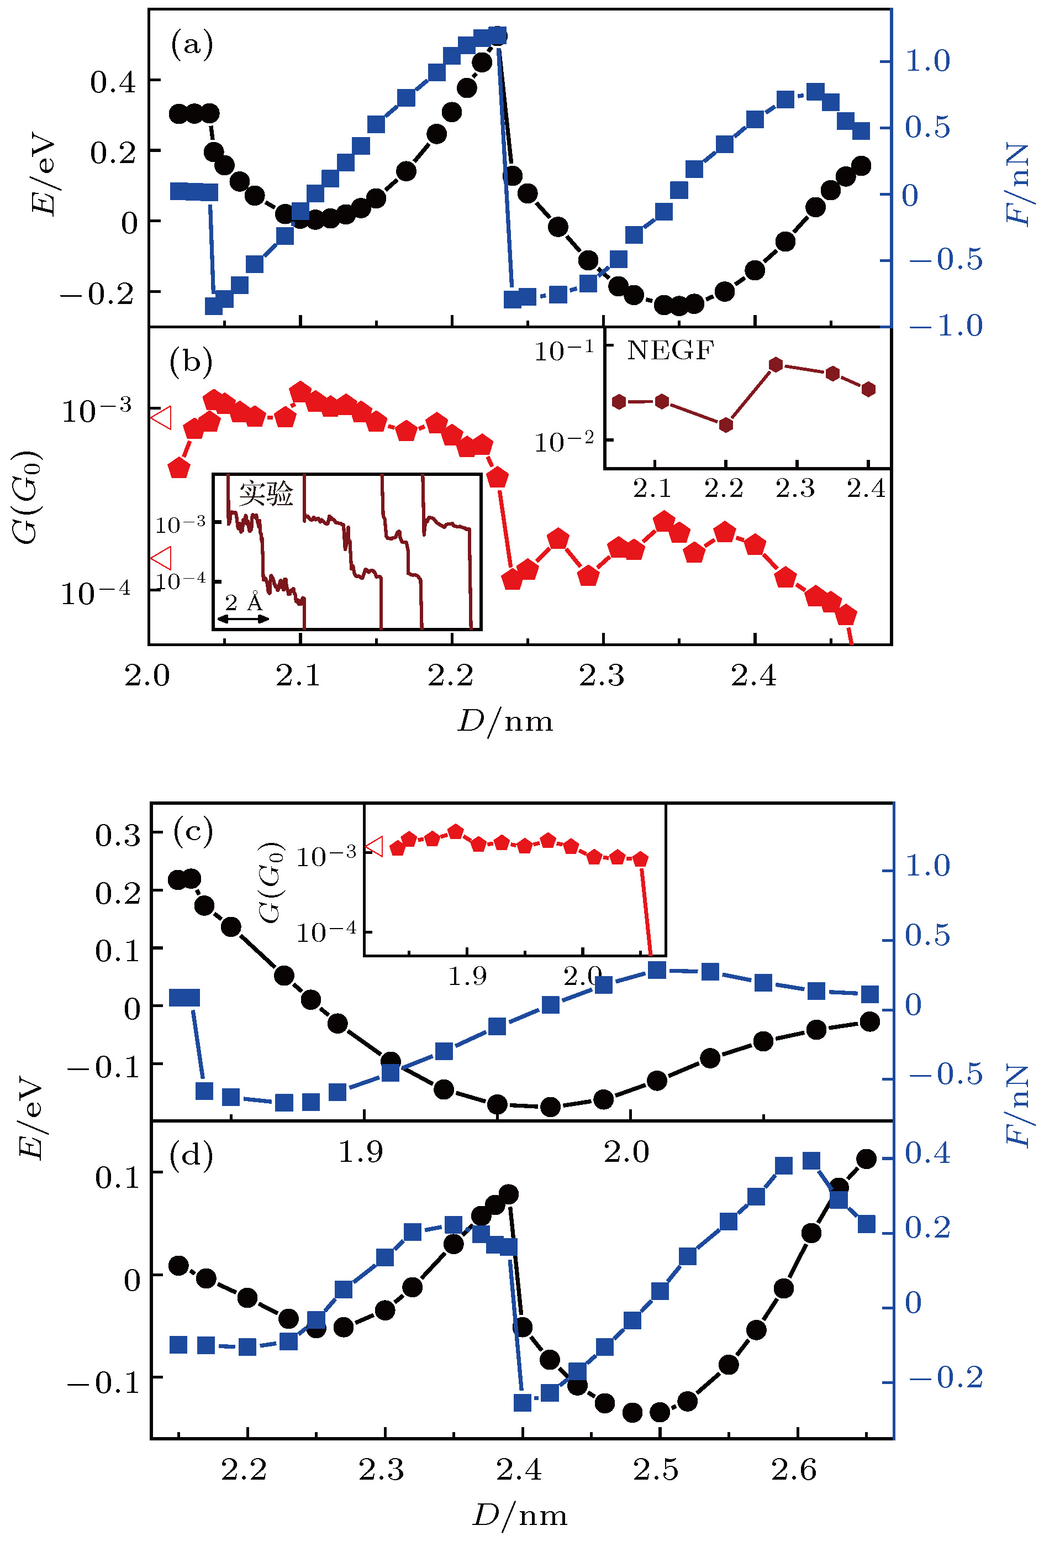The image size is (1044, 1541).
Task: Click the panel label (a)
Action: [x=192, y=45]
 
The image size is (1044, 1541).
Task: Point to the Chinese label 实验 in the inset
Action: [x=266, y=494]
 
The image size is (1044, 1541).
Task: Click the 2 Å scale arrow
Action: [x=243, y=618]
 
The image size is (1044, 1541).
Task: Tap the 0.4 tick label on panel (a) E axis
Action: [x=113, y=82]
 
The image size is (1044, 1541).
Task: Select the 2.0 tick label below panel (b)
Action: [x=147, y=675]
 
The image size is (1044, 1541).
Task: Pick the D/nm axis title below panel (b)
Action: [x=505, y=721]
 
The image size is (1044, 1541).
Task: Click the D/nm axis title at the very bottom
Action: [x=520, y=1516]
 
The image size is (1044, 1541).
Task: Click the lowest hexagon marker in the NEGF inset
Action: [x=726, y=424]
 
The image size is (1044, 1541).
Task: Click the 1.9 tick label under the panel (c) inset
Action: [x=467, y=976]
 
